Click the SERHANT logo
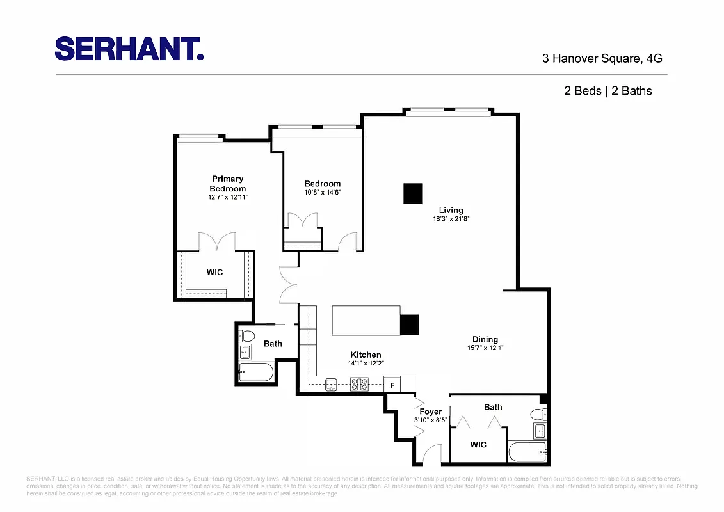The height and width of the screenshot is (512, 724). (x=129, y=49)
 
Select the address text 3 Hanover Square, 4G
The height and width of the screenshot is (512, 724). (x=602, y=58)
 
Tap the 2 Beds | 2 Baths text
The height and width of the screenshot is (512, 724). (x=607, y=91)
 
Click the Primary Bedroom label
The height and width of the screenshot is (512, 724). (x=227, y=184)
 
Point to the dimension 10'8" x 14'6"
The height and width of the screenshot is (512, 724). (x=322, y=192)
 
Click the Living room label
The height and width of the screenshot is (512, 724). (x=451, y=210)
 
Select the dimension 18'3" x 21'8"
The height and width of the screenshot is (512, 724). (x=451, y=219)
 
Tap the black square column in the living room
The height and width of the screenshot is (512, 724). (x=413, y=193)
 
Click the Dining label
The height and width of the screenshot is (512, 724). (x=485, y=339)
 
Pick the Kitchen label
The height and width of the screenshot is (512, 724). (x=366, y=355)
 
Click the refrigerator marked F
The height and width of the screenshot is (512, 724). (x=392, y=385)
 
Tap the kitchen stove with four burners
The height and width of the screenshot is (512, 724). (x=359, y=385)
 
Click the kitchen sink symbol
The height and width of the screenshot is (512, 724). (x=331, y=385)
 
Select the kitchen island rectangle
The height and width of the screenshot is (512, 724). (x=366, y=320)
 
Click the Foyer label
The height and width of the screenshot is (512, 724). (x=430, y=412)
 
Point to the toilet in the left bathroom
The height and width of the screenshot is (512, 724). (x=247, y=336)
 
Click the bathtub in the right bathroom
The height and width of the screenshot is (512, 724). (x=527, y=452)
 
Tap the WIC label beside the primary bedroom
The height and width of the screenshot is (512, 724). (x=214, y=273)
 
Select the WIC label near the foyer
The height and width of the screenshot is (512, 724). (x=478, y=444)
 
